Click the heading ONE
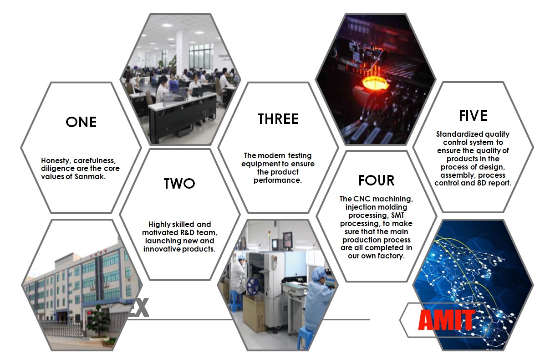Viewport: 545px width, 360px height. pyautogui.click(x=81, y=122)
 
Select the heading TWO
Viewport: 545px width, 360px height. pyautogui.click(x=179, y=184)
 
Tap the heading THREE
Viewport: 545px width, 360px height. pyautogui.click(x=278, y=119)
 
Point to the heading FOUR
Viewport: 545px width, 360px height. pyautogui.click(x=377, y=180)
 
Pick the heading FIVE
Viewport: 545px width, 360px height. pyautogui.click(x=473, y=116)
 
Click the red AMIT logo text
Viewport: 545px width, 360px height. pyautogui.click(x=447, y=319)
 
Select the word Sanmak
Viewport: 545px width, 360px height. pyautogui.click(x=90, y=177)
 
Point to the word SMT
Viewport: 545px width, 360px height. pyautogui.click(x=397, y=215)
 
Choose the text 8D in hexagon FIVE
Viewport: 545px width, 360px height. pyautogui.click(x=481, y=183)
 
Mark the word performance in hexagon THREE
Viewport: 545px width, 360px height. pyautogui.click(x=278, y=180)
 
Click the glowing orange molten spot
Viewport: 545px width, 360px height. pyautogui.click(x=374, y=83)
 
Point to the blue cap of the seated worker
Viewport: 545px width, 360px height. pyautogui.click(x=319, y=273)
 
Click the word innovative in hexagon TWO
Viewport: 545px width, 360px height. pyautogui.click(x=162, y=249)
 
